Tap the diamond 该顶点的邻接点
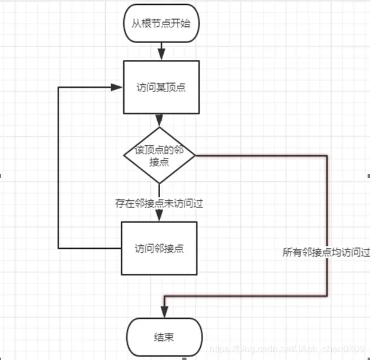(x=160, y=155)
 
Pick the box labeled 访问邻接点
(x=159, y=248)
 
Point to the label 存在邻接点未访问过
(x=160, y=203)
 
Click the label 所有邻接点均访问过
(x=326, y=253)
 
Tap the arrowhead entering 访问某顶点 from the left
(x=118, y=87)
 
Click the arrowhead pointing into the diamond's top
(x=160, y=122)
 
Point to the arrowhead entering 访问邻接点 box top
(x=160, y=218)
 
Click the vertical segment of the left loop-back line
(x=58, y=167)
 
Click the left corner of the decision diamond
(x=124, y=155)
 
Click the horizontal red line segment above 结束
(x=245, y=295)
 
